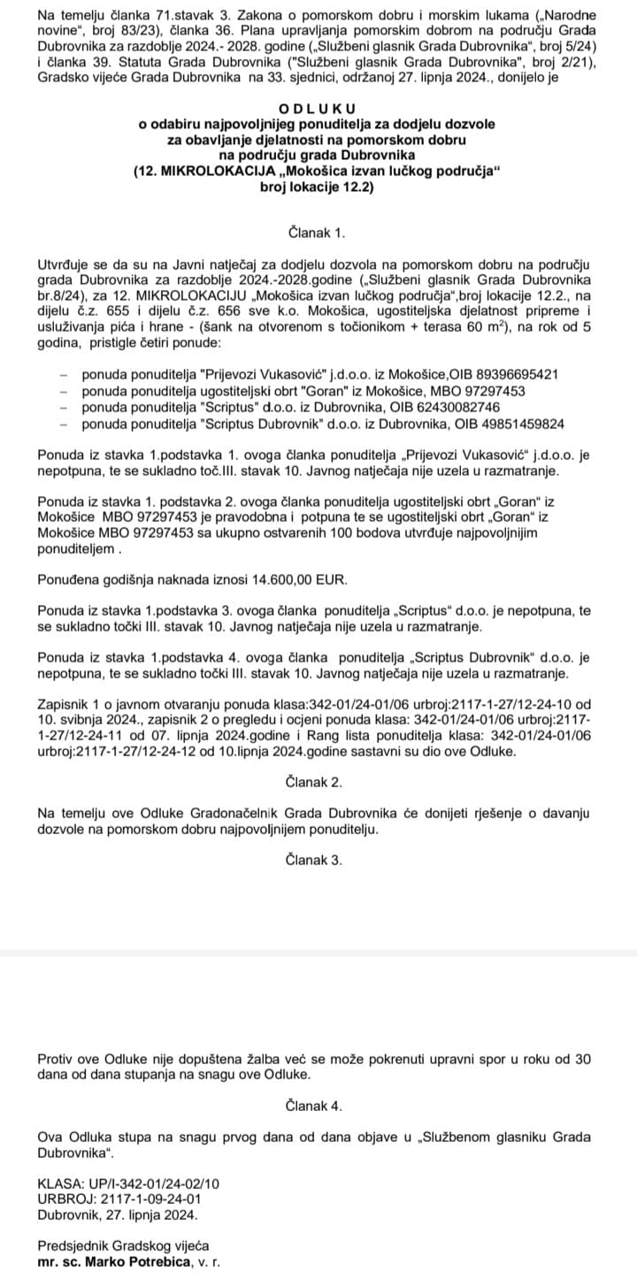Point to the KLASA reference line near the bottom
coord(128,1183)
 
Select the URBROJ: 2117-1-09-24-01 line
coord(119,1199)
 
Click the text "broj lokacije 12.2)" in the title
coord(318,188)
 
